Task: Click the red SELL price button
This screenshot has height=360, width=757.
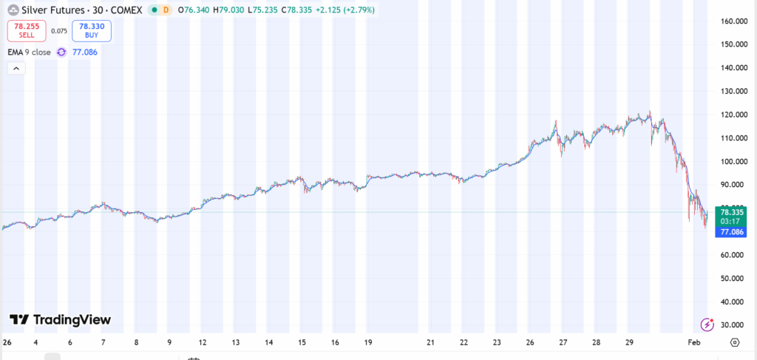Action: point(27,30)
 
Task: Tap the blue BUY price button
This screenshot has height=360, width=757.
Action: point(86,30)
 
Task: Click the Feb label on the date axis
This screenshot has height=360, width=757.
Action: point(694,343)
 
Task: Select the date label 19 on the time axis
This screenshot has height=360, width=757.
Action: point(367,343)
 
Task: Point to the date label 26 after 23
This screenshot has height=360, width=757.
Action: point(530,343)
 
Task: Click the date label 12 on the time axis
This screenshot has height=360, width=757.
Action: point(202,343)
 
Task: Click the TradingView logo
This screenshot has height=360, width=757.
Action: point(60,319)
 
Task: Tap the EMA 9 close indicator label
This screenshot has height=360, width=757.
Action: point(30,52)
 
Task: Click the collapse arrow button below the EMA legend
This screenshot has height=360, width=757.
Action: point(16,69)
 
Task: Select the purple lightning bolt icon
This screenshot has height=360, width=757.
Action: point(707,325)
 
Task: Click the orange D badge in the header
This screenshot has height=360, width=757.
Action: point(165,10)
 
